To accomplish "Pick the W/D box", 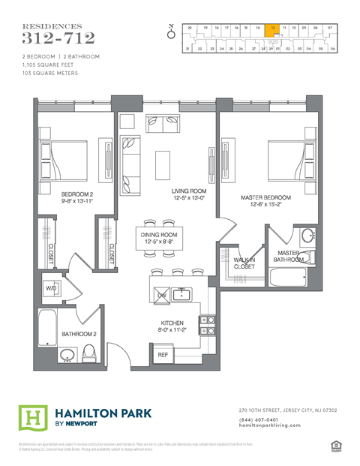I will [x=52, y=287].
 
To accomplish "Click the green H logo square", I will [x=31, y=416].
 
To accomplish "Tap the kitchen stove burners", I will [x=208, y=323].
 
